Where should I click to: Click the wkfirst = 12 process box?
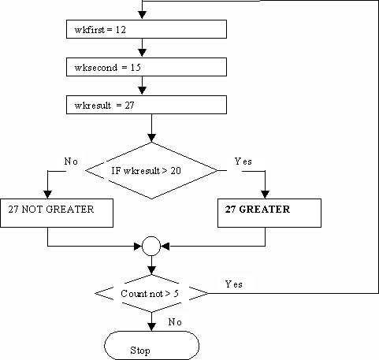tap(147, 29)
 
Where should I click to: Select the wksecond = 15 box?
tap(147, 67)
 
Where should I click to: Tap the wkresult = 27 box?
tap(147, 105)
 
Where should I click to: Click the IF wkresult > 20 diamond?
tap(151, 171)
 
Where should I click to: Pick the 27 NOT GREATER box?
tap(57, 213)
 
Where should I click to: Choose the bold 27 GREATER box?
tap(269, 213)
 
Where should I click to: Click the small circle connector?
tap(151, 246)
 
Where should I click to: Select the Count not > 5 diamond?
tap(151, 293)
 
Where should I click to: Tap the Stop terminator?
tap(151, 345)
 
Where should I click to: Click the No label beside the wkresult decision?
tap(71, 161)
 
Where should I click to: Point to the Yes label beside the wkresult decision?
tap(243, 161)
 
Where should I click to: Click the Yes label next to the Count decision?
tap(233, 284)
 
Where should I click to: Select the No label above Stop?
tap(175, 322)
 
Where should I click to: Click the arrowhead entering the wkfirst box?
tap(142, 15)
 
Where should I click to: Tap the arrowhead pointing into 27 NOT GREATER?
tap(47, 195)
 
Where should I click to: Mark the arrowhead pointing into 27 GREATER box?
tap(265, 195)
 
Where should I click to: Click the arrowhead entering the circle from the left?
tap(138, 247)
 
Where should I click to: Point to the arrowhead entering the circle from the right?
tap(165, 247)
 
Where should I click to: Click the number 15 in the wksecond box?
tap(136, 68)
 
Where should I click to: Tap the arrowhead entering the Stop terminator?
tap(151, 327)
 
